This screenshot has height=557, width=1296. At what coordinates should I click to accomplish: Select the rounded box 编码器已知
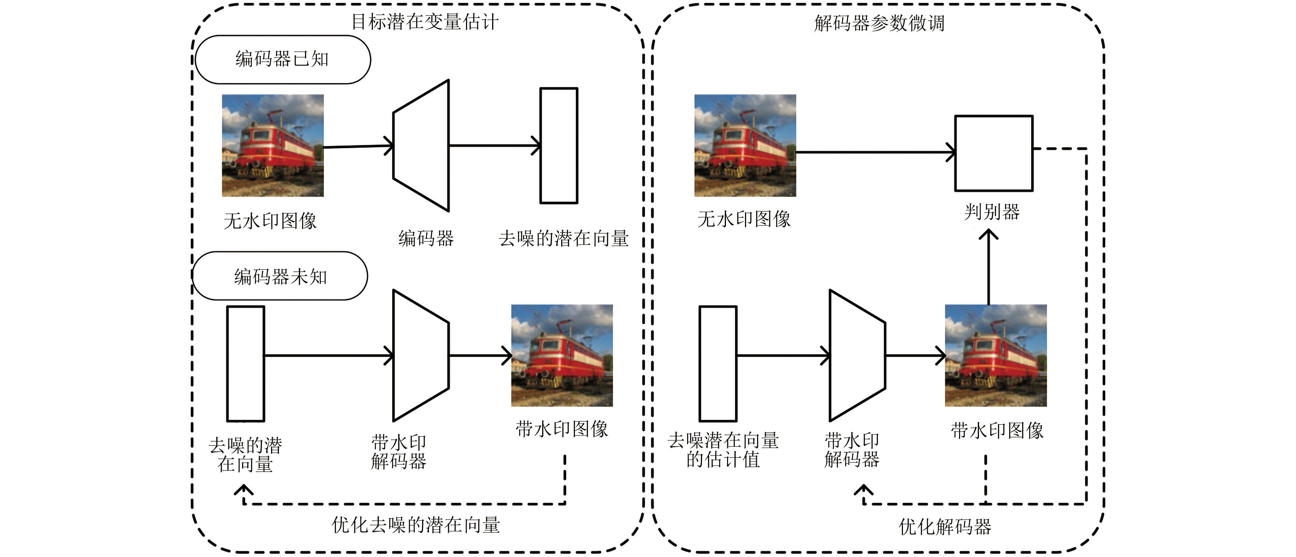pyautogui.click(x=282, y=59)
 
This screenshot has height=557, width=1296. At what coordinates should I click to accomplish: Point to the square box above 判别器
pyautogui.click(x=994, y=153)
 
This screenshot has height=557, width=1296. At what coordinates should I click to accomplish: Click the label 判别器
pyautogui.click(x=992, y=212)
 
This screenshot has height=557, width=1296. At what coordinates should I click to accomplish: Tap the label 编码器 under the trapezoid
pyautogui.click(x=426, y=238)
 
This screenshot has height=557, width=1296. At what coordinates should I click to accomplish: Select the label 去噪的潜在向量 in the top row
pyautogui.click(x=563, y=238)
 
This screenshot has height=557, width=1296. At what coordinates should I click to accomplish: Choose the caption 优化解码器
pyautogui.click(x=945, y=527)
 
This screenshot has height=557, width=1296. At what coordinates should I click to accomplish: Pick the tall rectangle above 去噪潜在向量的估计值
pyautogui.click(x=718, y=363)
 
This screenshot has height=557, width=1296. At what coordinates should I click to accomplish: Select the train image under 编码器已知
pyautogui.click(x=273, y=145)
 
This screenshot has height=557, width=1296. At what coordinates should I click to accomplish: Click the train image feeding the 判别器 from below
pyautogui.click(x=996, y=355)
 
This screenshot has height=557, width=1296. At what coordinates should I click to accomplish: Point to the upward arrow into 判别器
pyautogui.click(x=988, y=267)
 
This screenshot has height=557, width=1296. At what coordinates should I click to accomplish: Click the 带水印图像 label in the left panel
pyautogui.click(x=562, y=429)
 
